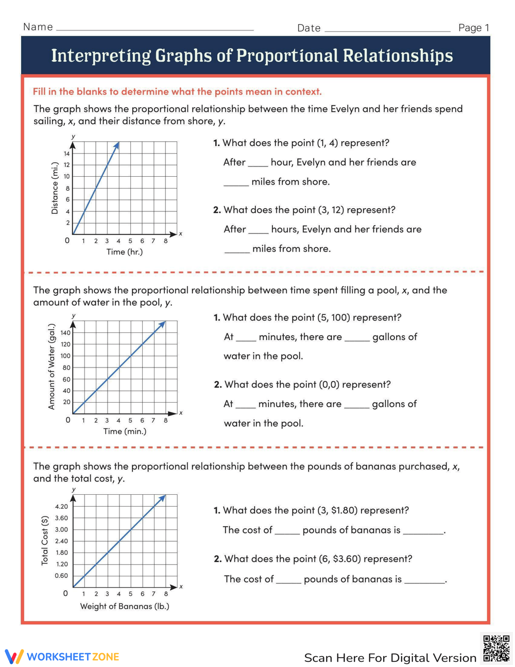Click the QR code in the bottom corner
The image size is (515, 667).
click(x=496, y=648)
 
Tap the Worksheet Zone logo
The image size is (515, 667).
click(x=62, y=657)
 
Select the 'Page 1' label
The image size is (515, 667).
click(x=473, y=28)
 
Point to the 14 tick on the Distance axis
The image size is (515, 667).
click(x=66, y=154)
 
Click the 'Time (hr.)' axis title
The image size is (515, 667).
click(x=124, y=252)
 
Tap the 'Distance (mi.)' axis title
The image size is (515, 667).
click(x=55, y=188)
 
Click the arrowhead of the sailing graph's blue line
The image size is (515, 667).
click(x=117, y=145)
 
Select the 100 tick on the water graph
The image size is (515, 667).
click(x=65, y=356)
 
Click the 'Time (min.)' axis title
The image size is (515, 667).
click(x=125, y=431)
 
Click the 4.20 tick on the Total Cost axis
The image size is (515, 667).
click(x=61, y=507)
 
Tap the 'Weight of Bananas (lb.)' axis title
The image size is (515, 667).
click(x=125, y=606)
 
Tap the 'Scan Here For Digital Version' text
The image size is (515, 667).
click(x=390, y=658)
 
